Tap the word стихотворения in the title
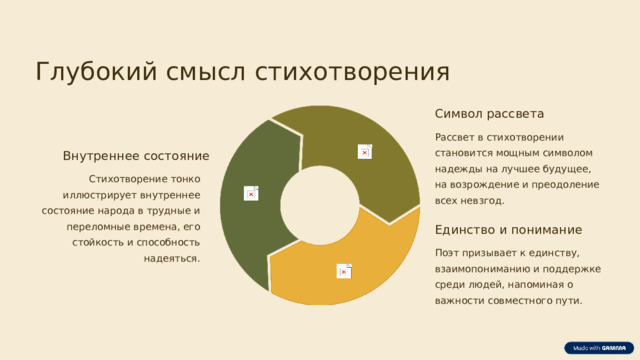pyautogui.click(x=352, y=73)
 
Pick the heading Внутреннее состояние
pyautogui.click(x=136, y=157)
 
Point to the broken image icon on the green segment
pyautogui.click(x=251, y=193)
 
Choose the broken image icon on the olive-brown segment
pyautogui.click(x=365, y=150)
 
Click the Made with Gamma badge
pyautogui.click(x=597, y=347)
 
